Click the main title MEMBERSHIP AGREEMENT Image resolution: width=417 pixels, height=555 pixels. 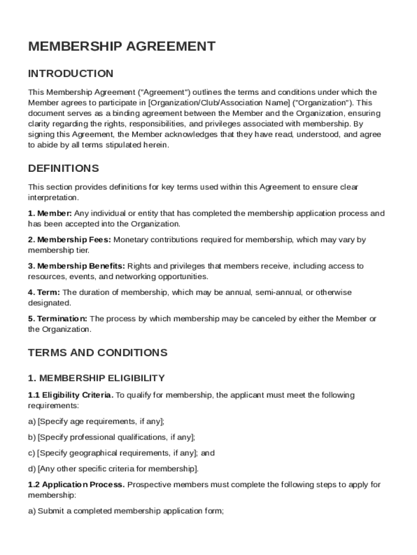[x=121, y=47]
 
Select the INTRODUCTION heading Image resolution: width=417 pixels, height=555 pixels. [x=71, y=74]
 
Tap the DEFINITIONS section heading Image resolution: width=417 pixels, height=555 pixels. [x=63, y=168]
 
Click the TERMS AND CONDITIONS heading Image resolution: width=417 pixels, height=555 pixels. [x=97, y=353]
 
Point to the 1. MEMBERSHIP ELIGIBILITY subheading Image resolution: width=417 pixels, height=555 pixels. [x=96, y=378]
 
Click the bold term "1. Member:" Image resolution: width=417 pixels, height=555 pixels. [x=50, y=214]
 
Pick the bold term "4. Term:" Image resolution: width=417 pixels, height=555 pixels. [x=44, y=293]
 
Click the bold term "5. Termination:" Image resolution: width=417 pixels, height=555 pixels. [x=57, y=319]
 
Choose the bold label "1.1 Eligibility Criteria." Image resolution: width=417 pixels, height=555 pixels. [x=70, y=395]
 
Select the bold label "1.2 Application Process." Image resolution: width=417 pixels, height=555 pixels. [x=76, y=485]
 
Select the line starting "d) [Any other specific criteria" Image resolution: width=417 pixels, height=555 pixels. [x=113, y=469]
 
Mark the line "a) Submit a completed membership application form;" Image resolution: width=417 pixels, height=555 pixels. [x=126, y=511]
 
